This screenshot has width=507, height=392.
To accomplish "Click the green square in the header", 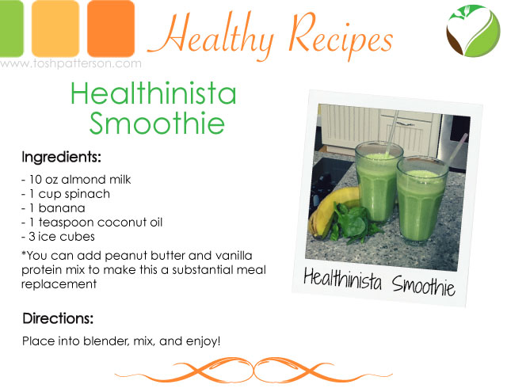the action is coord(11,29).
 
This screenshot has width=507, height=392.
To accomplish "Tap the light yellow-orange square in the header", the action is coord(55,29).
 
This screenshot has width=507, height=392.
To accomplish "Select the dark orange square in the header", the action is coord(111,29).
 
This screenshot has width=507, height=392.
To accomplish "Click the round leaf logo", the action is coord(473,31).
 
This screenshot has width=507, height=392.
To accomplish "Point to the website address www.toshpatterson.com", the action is coord(71,63).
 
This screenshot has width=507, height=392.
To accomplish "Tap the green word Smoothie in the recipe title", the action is coord(157,123).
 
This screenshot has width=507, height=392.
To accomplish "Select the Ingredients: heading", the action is coord(62,157).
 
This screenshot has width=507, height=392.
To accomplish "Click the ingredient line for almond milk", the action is coord(76,179).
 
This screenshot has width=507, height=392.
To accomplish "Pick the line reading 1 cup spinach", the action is coord(66,194).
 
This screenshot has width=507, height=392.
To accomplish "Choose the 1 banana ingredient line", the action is coord(53,207).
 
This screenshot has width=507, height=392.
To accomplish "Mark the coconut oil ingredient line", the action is coord(92,223).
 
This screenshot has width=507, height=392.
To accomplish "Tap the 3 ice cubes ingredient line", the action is coord(58,237).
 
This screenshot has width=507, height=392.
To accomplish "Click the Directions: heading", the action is coord(58,318).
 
